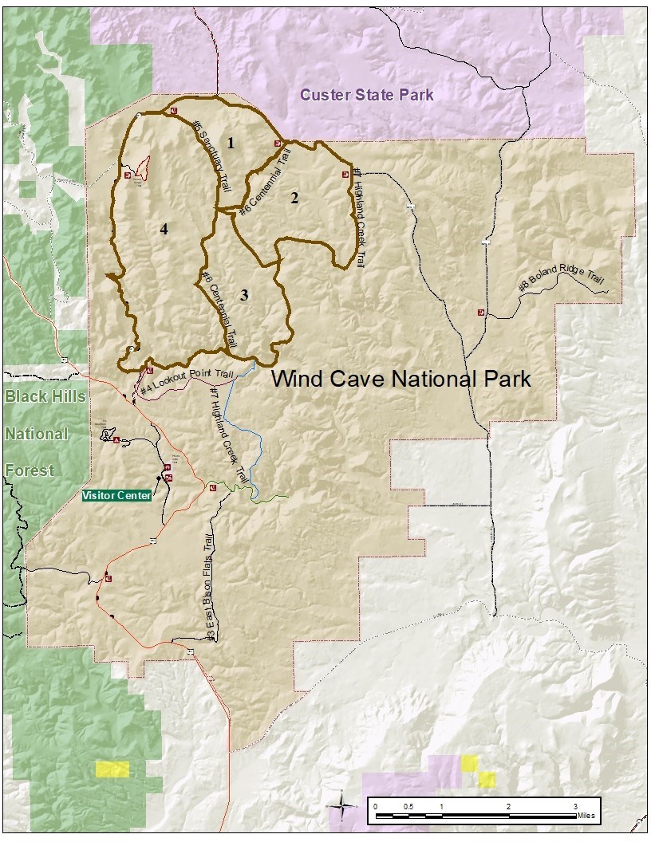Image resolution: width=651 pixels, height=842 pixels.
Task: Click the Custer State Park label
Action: tap(367, 96)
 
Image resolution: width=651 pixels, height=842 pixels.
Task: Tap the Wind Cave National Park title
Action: tap(400, 378)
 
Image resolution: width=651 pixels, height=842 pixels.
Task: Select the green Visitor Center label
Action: tap(116, 495)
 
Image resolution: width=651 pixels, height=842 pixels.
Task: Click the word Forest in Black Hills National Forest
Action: tap(30, 470)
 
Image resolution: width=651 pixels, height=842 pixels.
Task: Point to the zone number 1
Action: tap(231, 144)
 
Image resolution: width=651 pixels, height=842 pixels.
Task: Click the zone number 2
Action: tap(294, 199)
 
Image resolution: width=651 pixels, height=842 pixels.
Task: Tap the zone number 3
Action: tap(244, 295)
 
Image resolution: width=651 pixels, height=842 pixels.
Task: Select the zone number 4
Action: tap(164, 230)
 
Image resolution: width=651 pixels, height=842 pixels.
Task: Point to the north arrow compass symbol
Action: tap(341, 805)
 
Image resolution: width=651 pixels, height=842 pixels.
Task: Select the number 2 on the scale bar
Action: tap(508, 807)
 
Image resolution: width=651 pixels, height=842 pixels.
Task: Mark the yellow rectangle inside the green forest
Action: tap(112, 769)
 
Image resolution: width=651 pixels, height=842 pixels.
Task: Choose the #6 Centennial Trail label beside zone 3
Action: tap(216, 307)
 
